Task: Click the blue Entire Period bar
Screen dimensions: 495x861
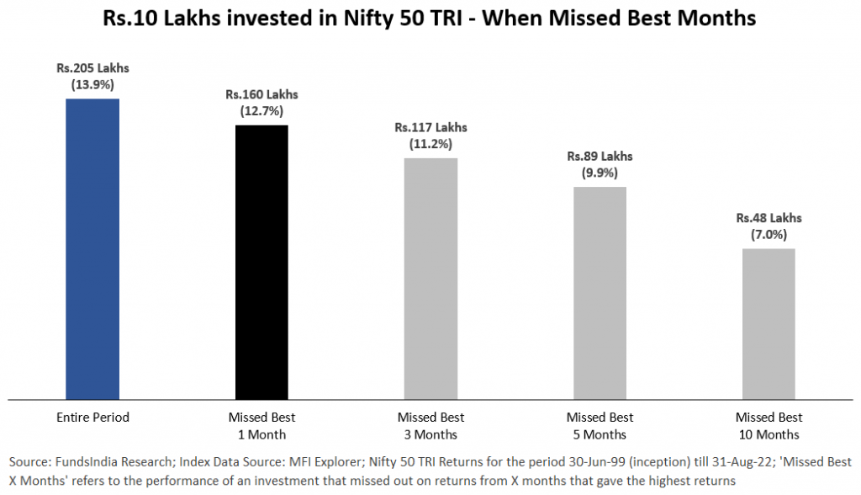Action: [x=92, y=249]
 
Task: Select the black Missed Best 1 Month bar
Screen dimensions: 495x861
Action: [x=261, y=262]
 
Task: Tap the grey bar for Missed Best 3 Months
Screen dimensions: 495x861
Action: [x=430, y=279]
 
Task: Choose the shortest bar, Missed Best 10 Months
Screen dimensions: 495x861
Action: [x=769, y=323]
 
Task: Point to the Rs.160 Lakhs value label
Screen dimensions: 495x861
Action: [x=261, y=94]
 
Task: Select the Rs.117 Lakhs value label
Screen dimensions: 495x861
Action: [x=430, y=128]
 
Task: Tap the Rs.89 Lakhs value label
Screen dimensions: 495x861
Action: [x=600, y=157]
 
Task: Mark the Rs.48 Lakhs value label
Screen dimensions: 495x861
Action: [x=769, y=218]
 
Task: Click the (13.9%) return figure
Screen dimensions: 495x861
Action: [x=92, y=85]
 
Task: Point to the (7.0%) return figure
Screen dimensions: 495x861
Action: [x=769, y=234]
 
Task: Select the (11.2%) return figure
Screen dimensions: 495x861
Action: [x=430, y=144]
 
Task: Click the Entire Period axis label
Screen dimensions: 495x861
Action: [x=92, y=418]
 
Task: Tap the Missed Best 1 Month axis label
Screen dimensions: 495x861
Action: [x=261, y=426]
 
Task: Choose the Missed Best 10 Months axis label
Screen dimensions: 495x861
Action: [x=769, y=426]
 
